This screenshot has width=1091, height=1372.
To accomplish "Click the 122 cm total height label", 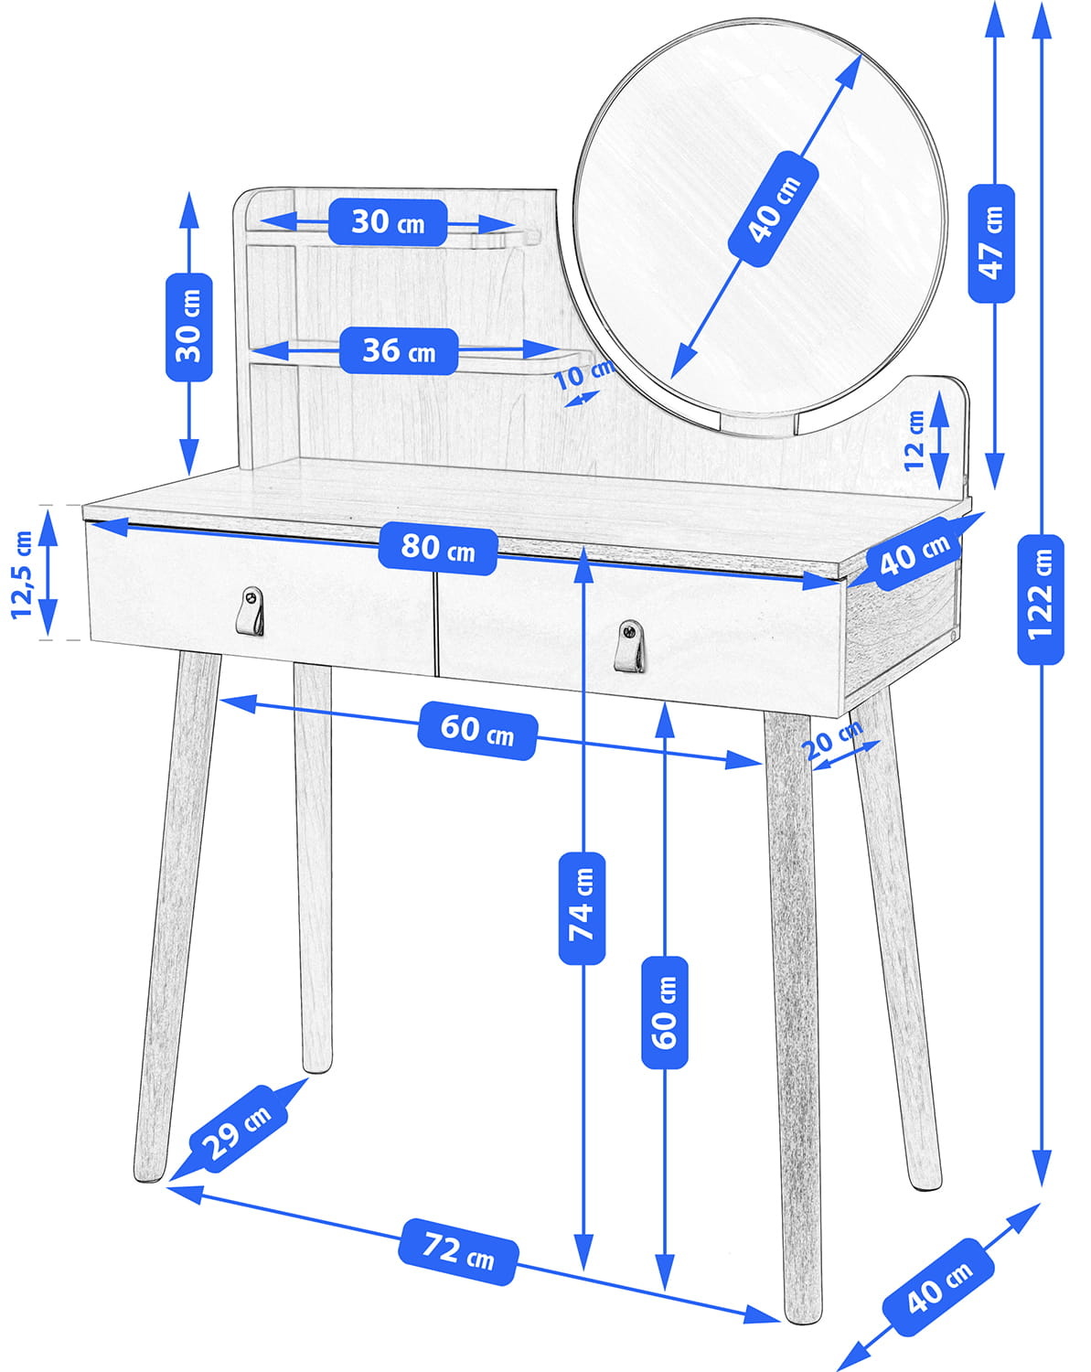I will pos(1041,599).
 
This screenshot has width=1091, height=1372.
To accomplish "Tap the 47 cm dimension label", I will pos(991,242).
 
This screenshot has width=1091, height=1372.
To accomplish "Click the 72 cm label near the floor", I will pos(458,1250).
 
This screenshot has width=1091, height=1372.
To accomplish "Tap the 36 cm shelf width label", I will pos(398,350).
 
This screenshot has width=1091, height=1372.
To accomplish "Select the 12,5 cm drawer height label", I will pos(22,573).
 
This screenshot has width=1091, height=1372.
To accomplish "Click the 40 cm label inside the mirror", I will pos(773,209).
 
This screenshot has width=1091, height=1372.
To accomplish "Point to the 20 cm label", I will pos(833,739).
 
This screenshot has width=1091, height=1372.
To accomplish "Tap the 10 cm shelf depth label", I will pos(583,375).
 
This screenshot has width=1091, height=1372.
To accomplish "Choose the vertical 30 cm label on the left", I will pos(188,327).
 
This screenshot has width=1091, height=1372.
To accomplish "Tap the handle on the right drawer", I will pos(629,645).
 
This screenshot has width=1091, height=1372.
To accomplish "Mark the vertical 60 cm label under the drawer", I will pos(665,1012).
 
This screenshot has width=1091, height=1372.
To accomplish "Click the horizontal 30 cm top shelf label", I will pos(388,221).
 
